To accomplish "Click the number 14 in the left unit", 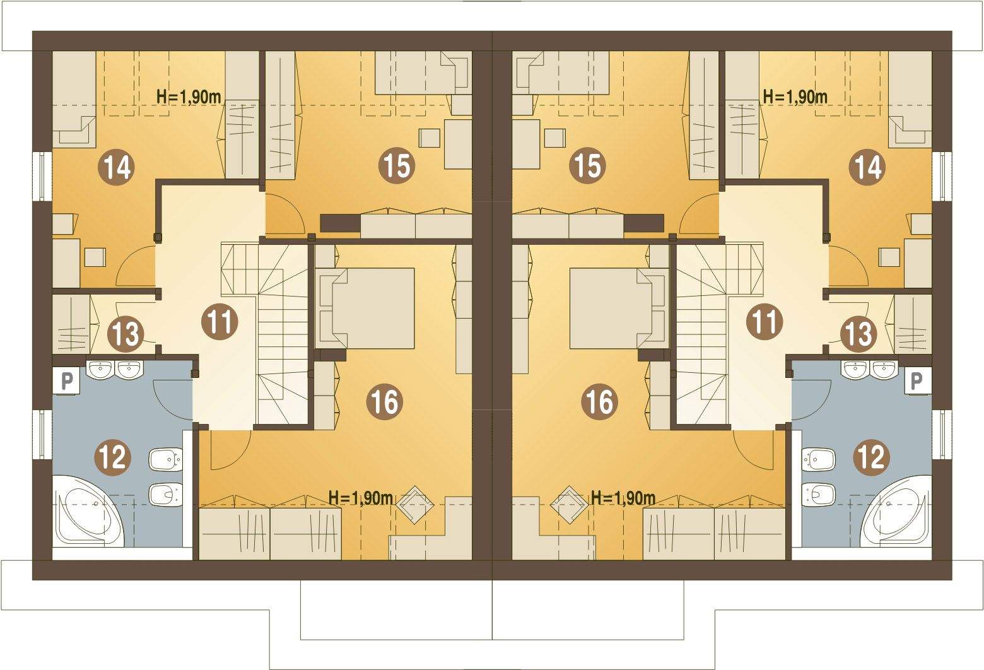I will point(117,167).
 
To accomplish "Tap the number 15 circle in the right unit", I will point(587,166).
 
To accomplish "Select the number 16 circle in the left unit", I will point(385,401).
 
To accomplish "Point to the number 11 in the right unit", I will point(764,322).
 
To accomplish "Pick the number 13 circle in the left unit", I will point(126,333).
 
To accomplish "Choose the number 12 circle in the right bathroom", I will point(871,456).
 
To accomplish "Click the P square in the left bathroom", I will point(66,380).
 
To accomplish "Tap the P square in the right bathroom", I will point(917,380).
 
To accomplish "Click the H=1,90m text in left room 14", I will point(189,97).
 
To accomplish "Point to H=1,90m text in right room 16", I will point(623,498).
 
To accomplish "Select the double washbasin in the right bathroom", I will point(870,369).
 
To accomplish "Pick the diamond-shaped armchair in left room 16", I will point(414,504).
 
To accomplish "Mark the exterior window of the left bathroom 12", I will point(42,435).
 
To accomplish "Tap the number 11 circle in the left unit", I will point(220,322).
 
